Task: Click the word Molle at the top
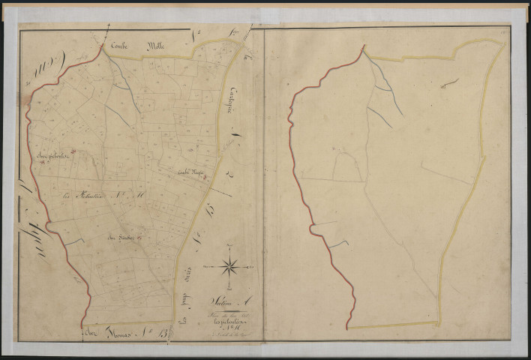click(x=160, y=46)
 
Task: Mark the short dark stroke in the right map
click(x=451, y=83)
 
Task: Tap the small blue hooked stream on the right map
click(x=337, y=244)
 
